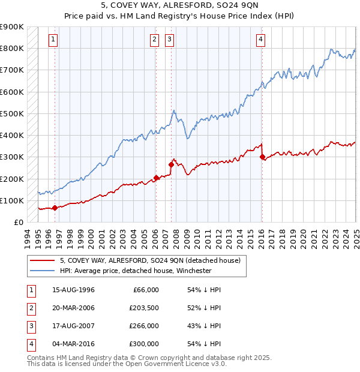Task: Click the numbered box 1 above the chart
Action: coord(53,40)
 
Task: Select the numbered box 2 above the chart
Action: coord(154,40)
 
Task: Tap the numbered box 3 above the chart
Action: coord(170,40)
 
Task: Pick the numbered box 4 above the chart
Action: coord(262,40)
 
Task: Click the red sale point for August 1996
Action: coord(55,208)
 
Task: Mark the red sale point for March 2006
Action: coord(156,178)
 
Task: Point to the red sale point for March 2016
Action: coord(263,157)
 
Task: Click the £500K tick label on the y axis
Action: coord(12,113)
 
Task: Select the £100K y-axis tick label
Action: coord(12,200)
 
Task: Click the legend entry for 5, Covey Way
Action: coord(150,260)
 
